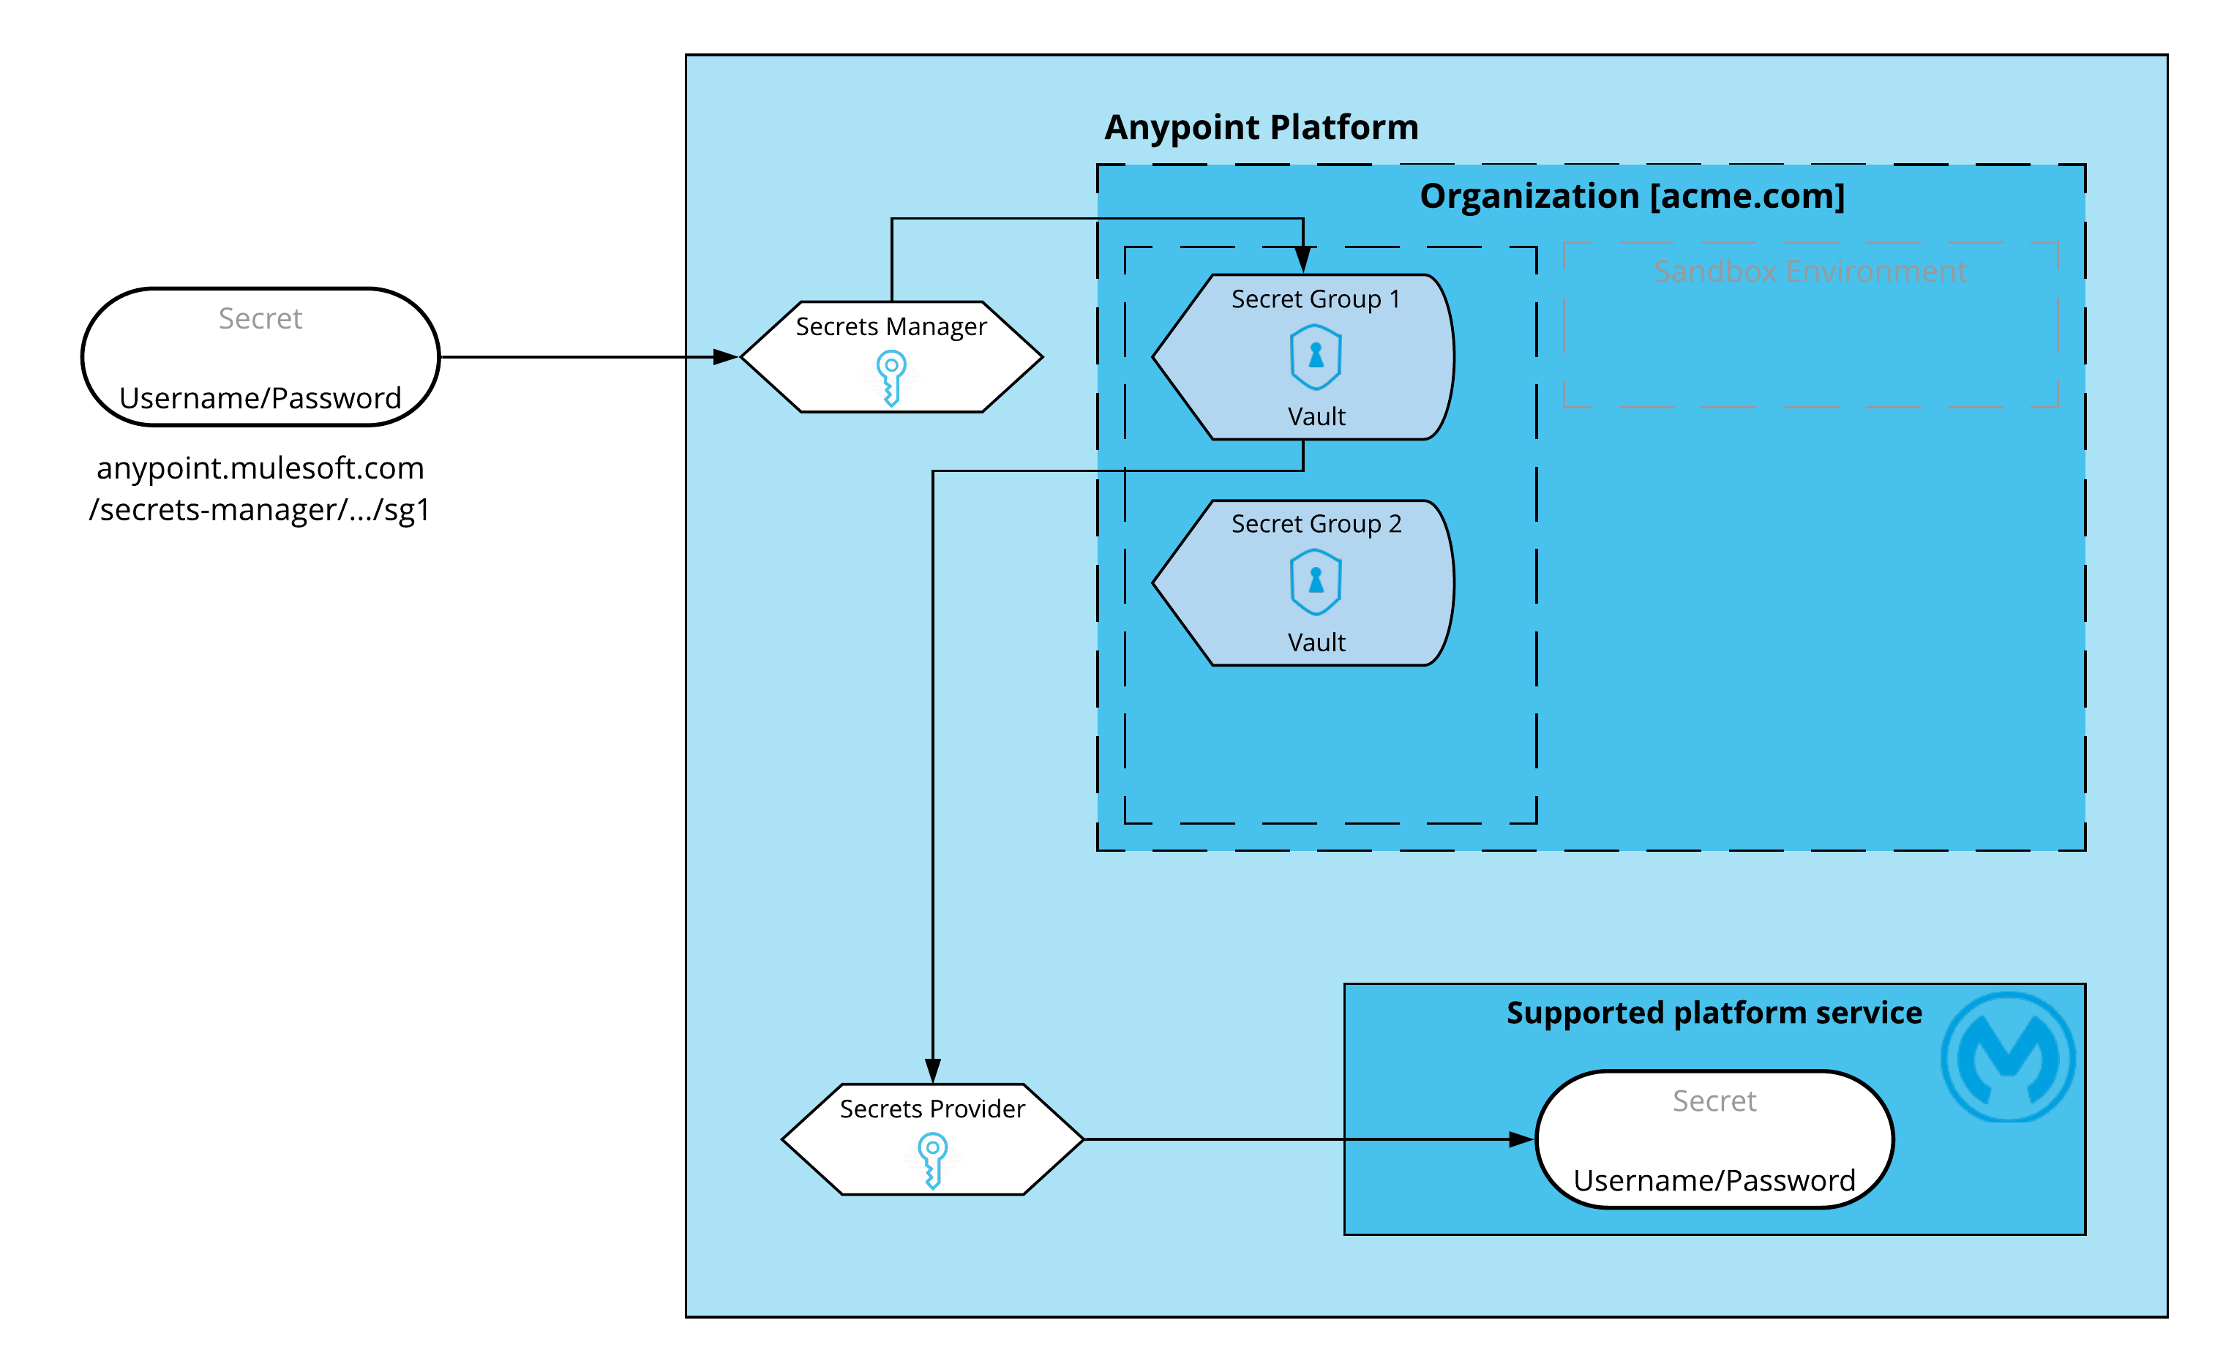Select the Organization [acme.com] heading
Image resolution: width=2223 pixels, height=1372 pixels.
click(1632, 196)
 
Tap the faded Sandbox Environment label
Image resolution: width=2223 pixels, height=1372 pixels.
click(1810, 271)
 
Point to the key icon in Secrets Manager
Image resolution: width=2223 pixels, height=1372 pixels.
click(891, 378)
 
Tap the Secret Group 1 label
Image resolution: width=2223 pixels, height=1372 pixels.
click(1315, 299)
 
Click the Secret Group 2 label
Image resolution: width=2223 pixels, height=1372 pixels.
click(1316, 524)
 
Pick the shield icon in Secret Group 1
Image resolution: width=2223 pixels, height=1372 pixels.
click(1315, 356)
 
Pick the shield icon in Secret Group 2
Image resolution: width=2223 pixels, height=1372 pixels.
click(1315, 582)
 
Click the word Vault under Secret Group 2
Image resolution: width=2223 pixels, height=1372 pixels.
click(1316, 642)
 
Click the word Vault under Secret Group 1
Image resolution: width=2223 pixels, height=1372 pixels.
click(1316, 416)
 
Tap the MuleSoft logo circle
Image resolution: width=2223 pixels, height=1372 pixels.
click(2007, 1057)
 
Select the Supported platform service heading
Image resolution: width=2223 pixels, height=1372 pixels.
click(1713, 1012)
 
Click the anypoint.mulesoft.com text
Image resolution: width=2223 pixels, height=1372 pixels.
click(260, 468)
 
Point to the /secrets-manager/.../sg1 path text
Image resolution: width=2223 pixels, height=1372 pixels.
click(260, 510)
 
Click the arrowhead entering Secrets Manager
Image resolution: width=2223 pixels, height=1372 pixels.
click(726, 358)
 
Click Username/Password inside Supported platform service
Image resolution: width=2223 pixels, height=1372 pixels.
click(1713, 1180)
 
